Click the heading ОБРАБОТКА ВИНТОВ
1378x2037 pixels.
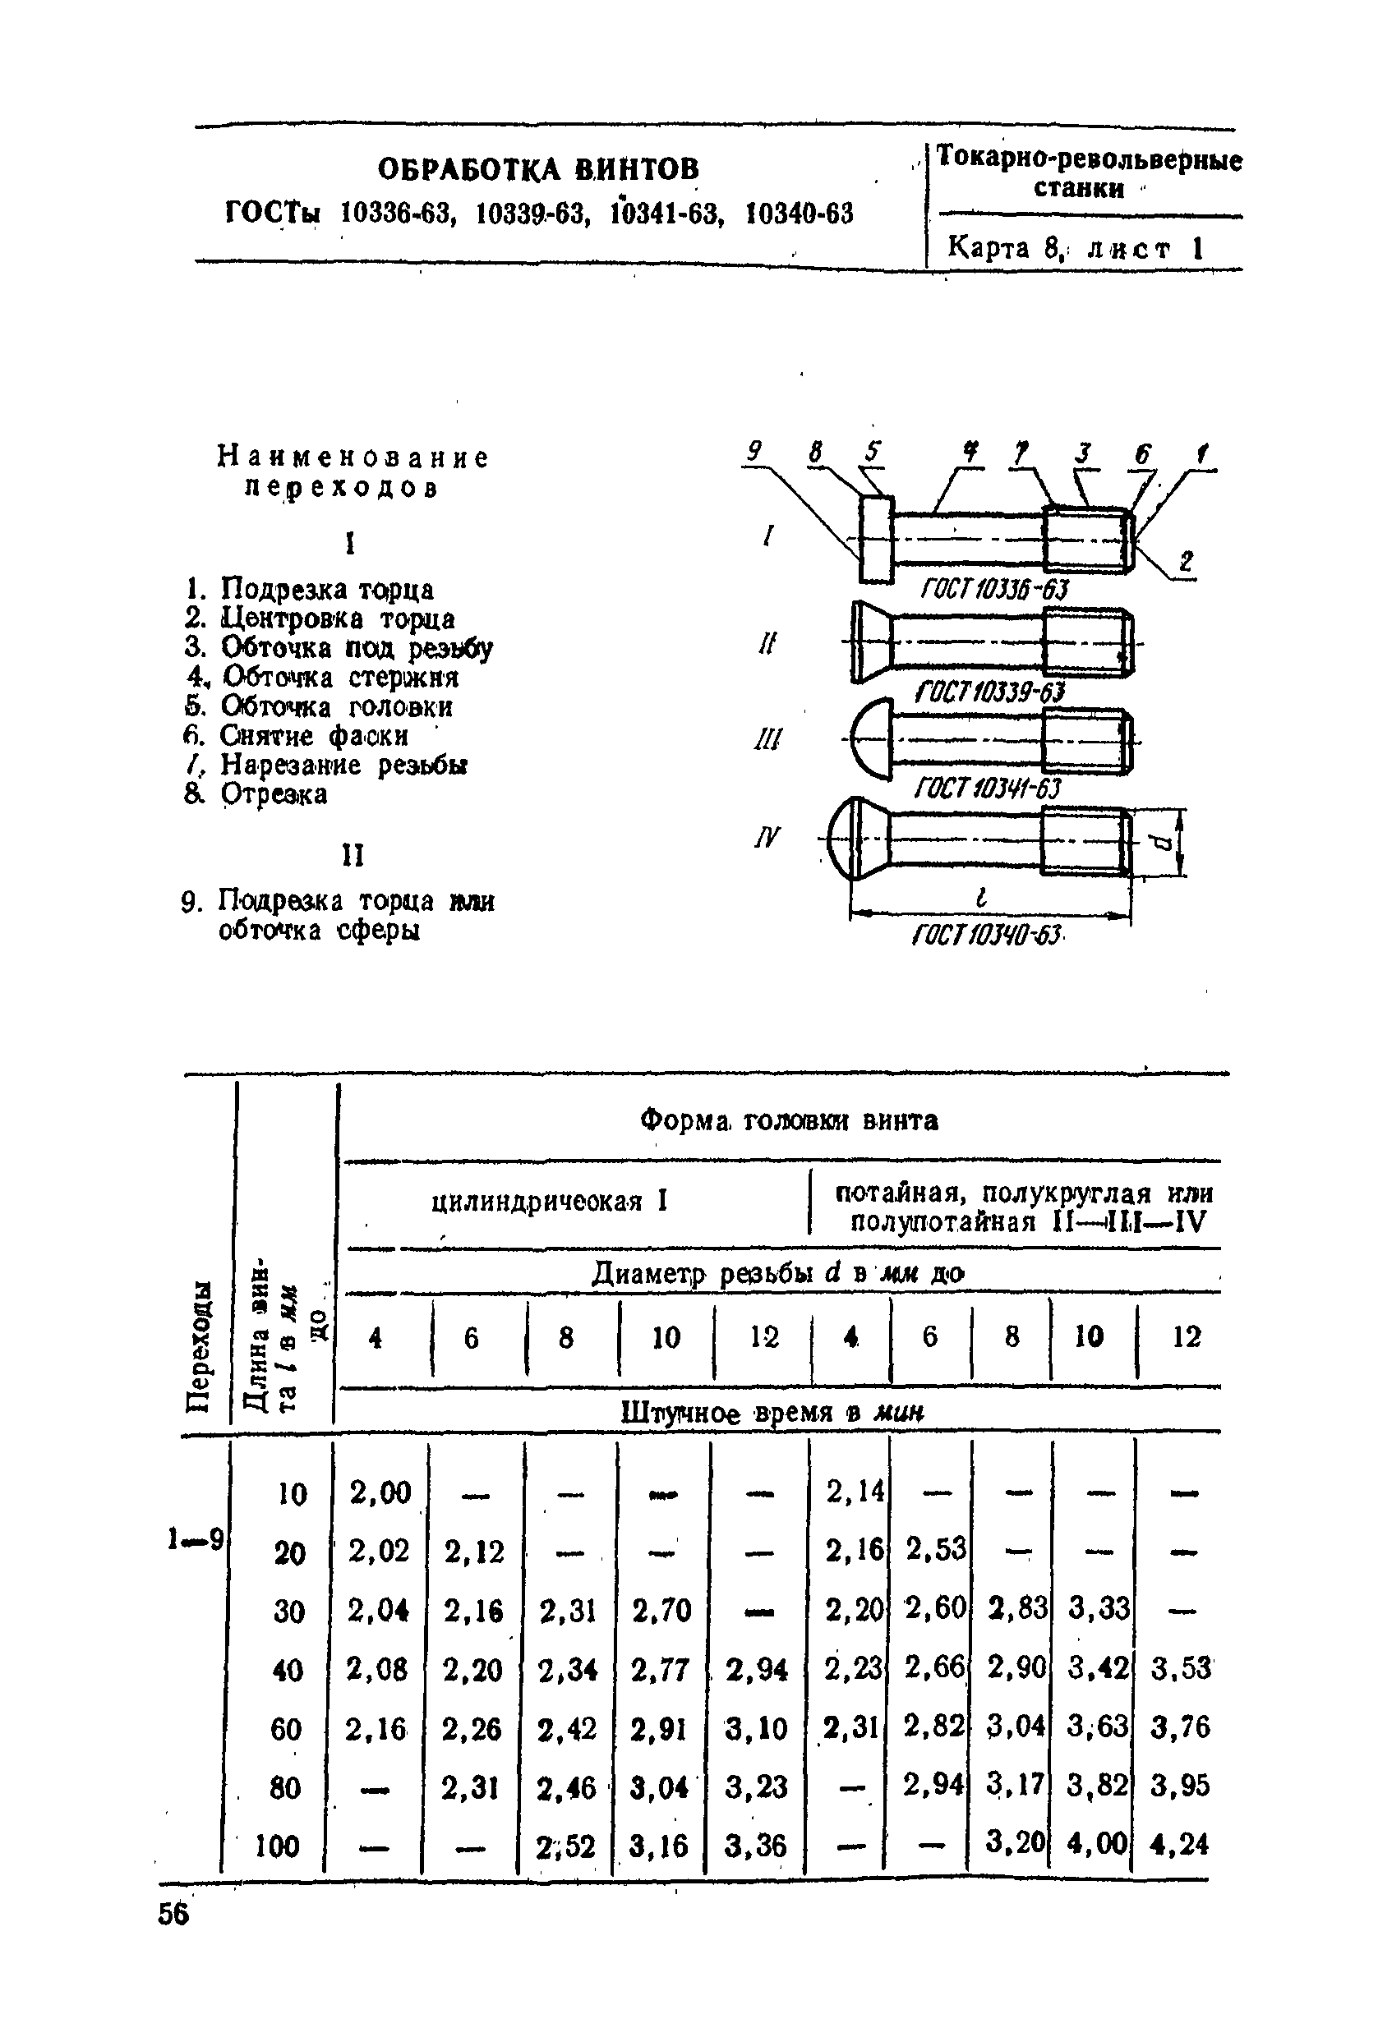538,168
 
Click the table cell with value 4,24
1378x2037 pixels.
1179,1845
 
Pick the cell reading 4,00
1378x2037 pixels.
1095,1845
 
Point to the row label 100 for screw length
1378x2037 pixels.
277,1846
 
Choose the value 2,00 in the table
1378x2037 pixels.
380,1492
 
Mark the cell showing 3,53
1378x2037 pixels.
1180,1668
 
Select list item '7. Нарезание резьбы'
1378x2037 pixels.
325,766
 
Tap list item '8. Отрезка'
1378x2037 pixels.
256,794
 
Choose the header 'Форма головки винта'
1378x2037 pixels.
788,1120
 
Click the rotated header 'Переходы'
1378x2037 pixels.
200,1347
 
